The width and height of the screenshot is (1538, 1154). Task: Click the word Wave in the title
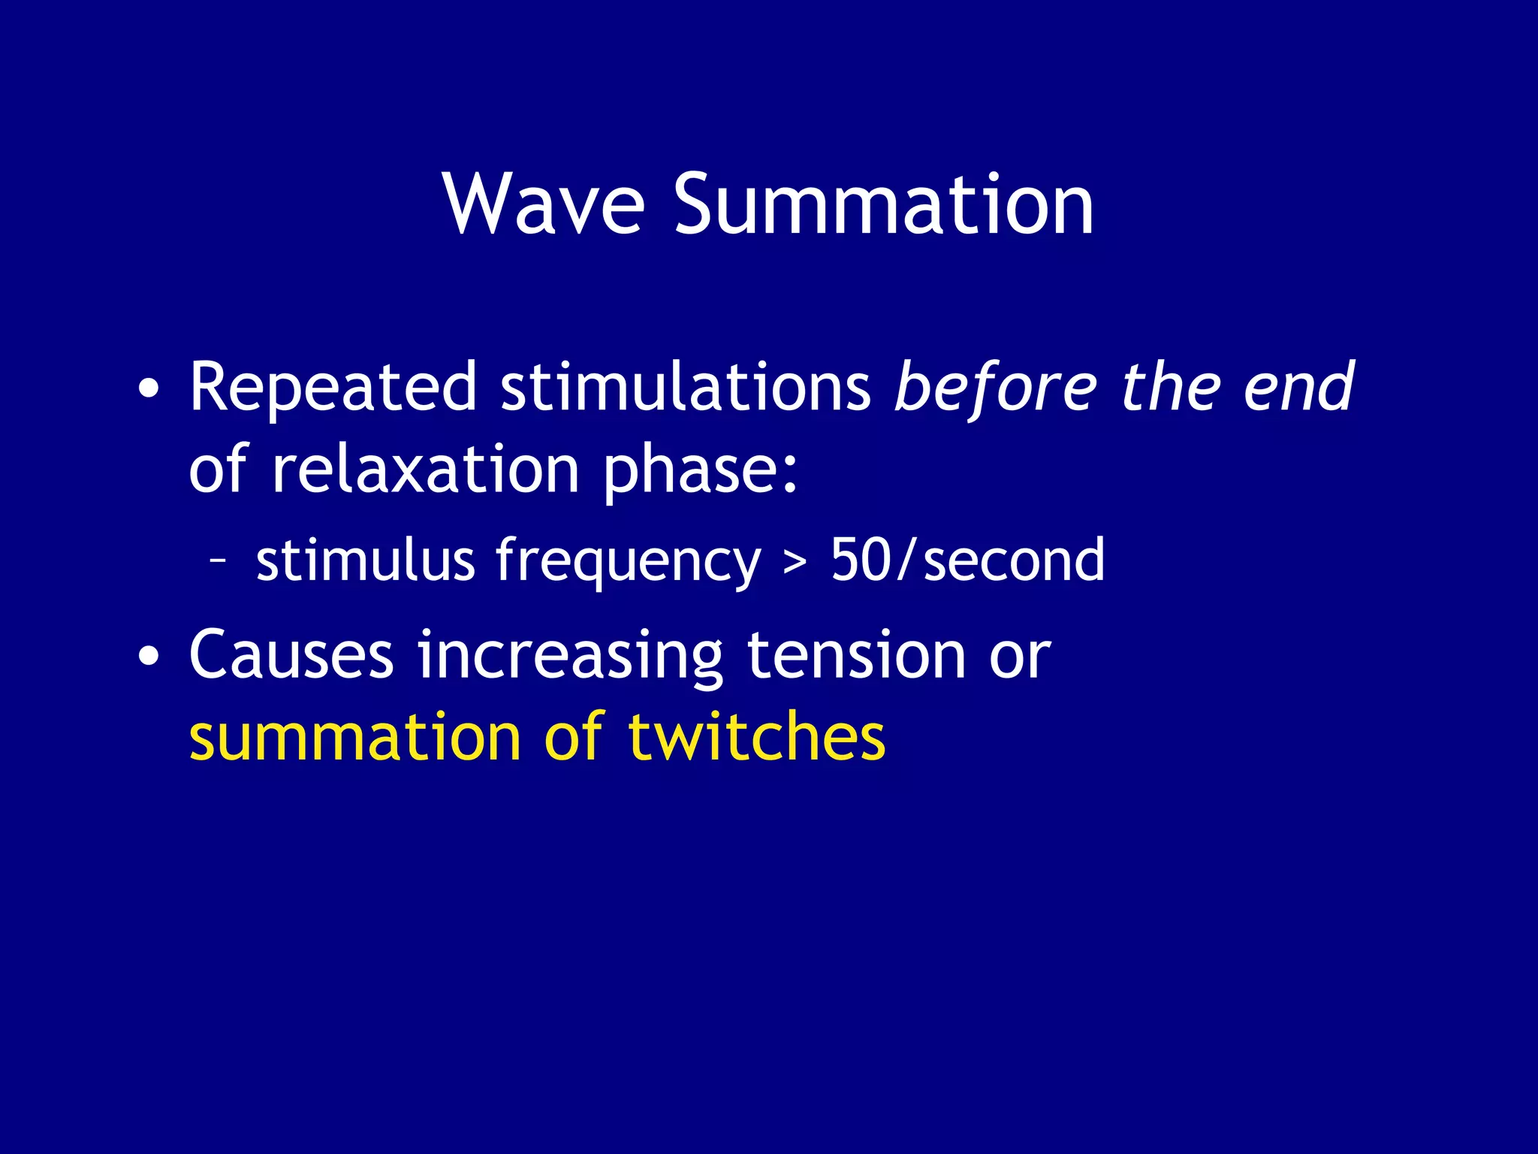point(544,204)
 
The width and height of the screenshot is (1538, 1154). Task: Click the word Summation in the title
point(883,204)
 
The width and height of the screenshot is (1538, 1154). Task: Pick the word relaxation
point(425,470)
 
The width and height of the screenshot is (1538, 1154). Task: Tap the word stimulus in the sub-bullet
point(365,560)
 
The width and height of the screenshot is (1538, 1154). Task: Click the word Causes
point(291,655)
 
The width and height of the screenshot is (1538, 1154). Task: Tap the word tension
point(856,655)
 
